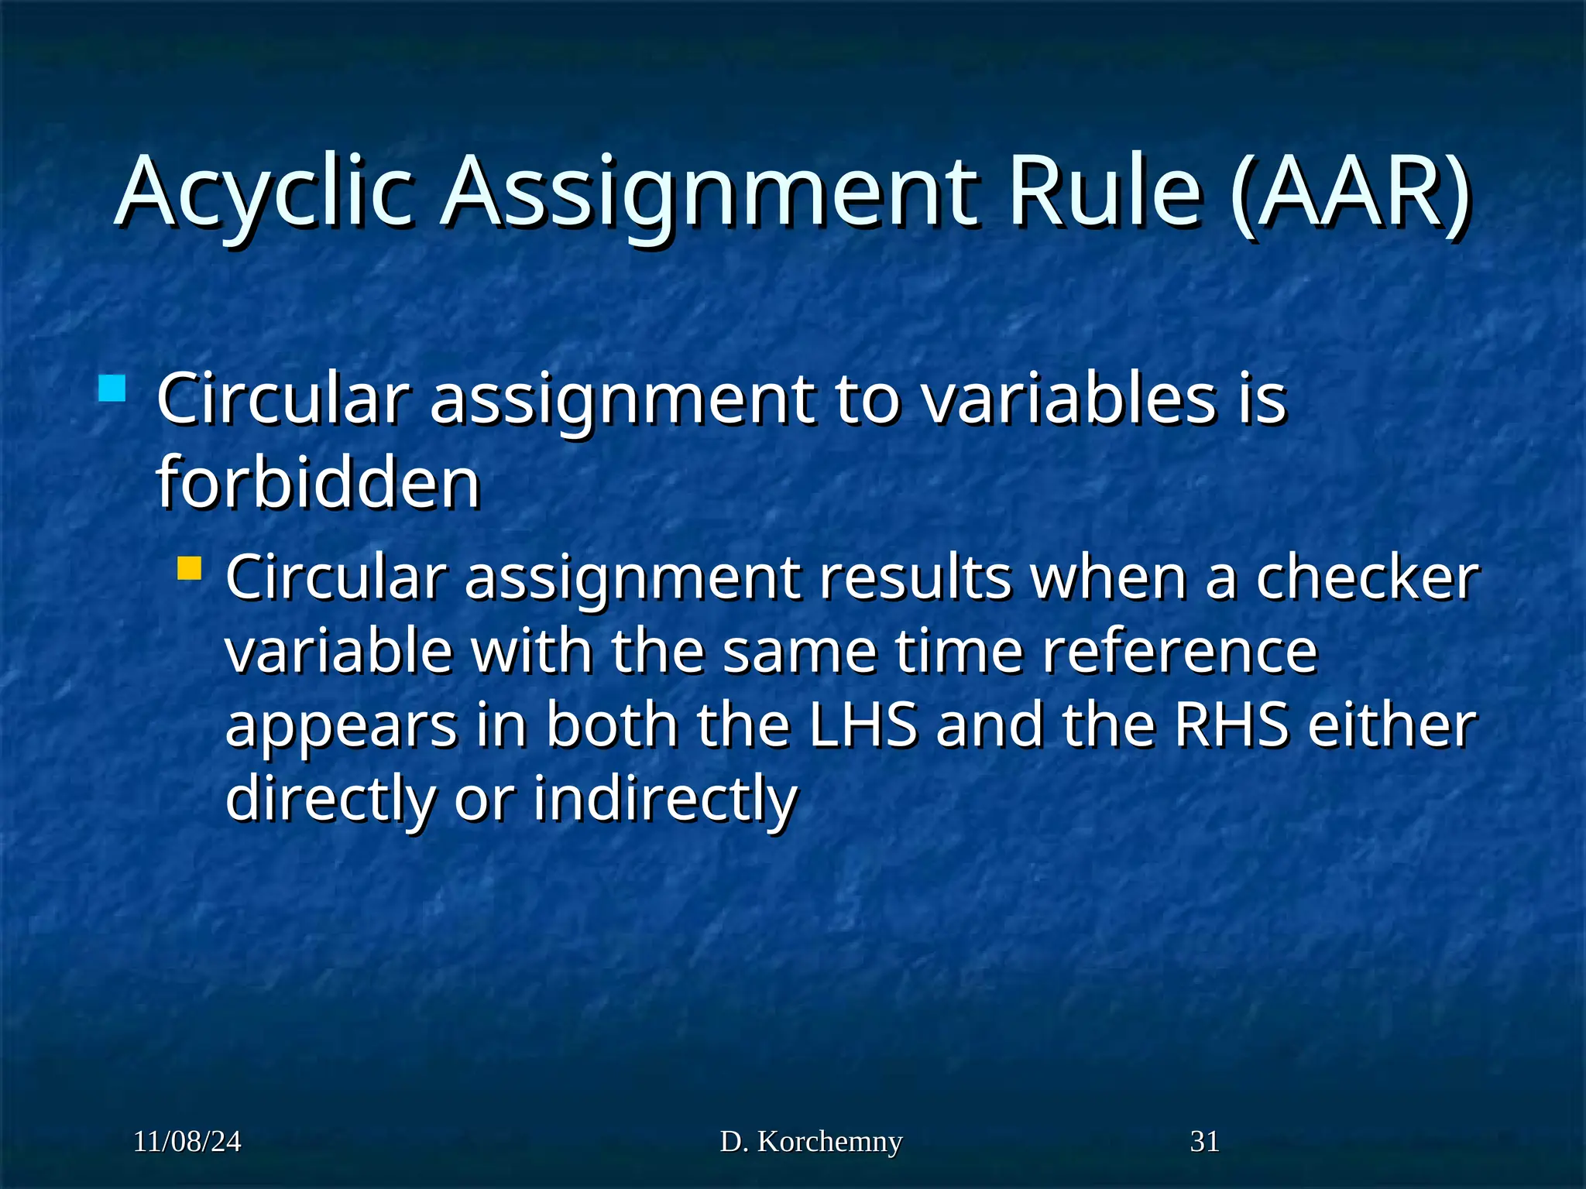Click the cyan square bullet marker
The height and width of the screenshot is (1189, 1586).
click(x=112, y=389)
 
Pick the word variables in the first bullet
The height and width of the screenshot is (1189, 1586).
click(x=1069, y=398)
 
